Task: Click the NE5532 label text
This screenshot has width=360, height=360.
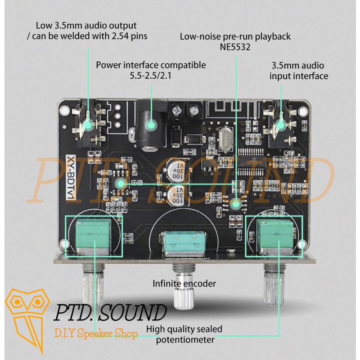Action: (x=235, y=47)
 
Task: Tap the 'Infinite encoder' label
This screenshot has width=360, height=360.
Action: (x=184, y=283)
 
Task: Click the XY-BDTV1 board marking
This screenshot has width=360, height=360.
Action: (x=71, y=177)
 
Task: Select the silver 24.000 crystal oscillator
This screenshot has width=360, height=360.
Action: (x=226, y=139)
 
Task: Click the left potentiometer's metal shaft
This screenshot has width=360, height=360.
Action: (x=93, y=285)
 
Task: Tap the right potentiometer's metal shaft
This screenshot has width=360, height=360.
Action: (x=274, y=285)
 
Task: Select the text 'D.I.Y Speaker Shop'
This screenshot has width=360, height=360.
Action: (x=96, y=333)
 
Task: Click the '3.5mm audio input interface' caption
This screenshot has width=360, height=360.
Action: (x=298, y=71)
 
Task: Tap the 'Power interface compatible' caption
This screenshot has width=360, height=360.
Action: (x=151, y=65)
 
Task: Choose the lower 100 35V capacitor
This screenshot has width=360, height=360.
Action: (x=177, y=195)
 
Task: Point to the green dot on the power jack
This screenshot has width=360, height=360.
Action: (x=151, y=125)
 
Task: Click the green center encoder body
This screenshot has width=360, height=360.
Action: (x=184, y=244)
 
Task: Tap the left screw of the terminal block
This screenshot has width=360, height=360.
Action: (x=176, y=110)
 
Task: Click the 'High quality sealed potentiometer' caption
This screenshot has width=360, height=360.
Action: (x=184, y=334)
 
